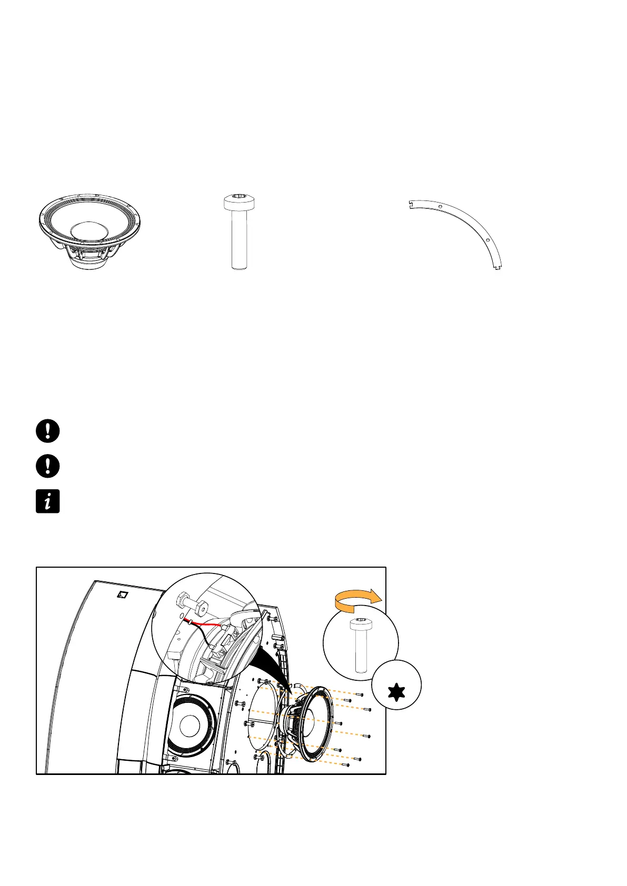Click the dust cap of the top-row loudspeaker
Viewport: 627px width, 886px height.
click(x=88, y=230)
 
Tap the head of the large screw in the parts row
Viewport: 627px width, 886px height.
click(x=240, y=200)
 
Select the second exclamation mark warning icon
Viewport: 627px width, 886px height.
click(x=47, y=466)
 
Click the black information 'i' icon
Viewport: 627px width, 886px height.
click(x=47, y=501)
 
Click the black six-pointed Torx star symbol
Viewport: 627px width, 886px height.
click(x=396, y=691)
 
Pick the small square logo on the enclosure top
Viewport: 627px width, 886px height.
click(x=122, y=595)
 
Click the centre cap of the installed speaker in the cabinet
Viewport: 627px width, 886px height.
click(x=188, y=726)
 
